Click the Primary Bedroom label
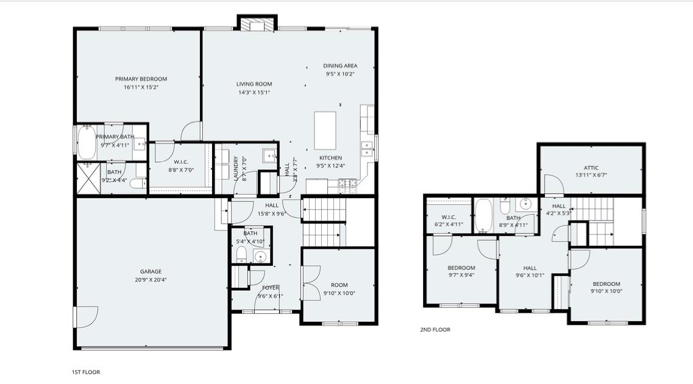pyautogui.click(x=141, y=79)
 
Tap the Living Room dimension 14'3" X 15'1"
pyautogui.click(x=254, y=93)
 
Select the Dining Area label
pyautogui.click(x=340, y=66)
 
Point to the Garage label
pyautogui.click(x=151, y=272)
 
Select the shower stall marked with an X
pyautogui.click(x=87, y=179)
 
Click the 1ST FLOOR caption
pyautogui.click(x=86, y=372)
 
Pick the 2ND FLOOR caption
pyautogui.click(x=435, y=330)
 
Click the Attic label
pyautogui.click(x=591, y=168)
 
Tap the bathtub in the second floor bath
pyautogui.click(x=485, y=216)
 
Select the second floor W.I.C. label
pyautogui.click(x=448, y=217)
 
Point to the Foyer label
pyautogui.click(x=271, y=288)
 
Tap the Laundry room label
pyautogui.click(x=236, y=168)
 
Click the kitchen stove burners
pyautogui.click(x=347, y=182)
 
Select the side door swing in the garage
pyautogui.click(x=85, y=316)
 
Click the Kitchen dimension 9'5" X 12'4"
pyautogui.click(x=330, y=166)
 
